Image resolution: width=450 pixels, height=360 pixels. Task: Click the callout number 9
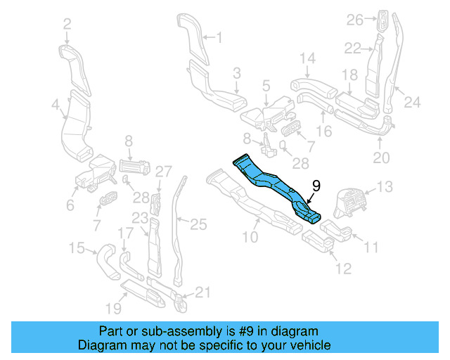316,186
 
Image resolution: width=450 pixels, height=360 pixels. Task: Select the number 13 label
386,186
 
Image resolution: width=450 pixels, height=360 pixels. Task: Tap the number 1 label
217,37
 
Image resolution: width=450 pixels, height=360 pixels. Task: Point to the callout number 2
67,25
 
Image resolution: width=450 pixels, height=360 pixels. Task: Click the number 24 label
411,103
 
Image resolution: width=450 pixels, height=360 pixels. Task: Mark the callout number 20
380,158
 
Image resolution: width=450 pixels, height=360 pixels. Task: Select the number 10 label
250,237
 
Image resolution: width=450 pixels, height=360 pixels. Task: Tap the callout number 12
342,268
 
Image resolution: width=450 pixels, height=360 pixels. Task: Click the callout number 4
55,105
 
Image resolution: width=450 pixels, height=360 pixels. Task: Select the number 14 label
308,58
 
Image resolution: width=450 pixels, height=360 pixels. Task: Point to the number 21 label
202,292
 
